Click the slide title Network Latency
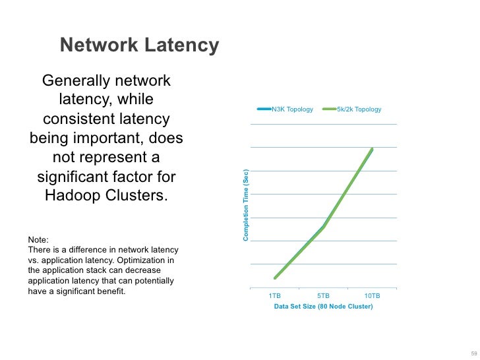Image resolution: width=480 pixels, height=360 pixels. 139,45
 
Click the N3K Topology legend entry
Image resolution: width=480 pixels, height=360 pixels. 292,109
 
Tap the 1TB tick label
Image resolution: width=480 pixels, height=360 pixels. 275,296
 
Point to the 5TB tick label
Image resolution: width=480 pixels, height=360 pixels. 324,296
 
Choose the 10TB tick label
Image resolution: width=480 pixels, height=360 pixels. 372,296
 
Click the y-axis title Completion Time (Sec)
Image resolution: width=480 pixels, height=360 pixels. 246,205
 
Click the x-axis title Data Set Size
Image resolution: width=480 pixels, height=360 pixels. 323,307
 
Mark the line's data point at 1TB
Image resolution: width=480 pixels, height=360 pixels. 275,278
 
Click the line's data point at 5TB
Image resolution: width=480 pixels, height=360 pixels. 324,227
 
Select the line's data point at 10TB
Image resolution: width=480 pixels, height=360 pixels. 372,150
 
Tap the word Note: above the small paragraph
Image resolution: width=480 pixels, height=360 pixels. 38,240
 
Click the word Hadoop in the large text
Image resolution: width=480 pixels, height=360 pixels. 76,196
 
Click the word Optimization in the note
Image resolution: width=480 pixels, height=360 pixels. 152,260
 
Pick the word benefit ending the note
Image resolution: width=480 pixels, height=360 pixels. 110,291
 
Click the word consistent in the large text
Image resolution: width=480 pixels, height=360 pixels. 80,120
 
